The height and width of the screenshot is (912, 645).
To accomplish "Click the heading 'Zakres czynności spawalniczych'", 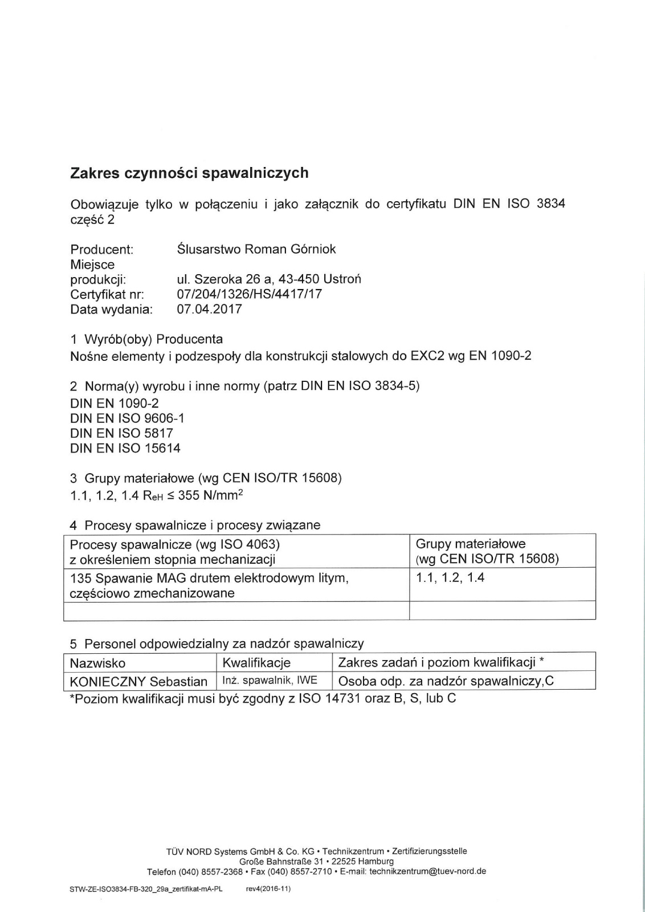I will click(x=189, y=173).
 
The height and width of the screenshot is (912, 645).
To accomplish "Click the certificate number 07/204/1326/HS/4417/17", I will click(x=250, y=294).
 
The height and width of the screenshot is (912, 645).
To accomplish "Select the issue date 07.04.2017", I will click(x=210, y=309).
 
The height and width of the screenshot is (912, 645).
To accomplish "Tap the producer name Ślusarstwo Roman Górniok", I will click(x=256, y=249).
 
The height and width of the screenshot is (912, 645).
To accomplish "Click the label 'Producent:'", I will click(x=101, y=249).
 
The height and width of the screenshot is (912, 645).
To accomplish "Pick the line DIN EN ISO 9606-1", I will click(x=127, y=418).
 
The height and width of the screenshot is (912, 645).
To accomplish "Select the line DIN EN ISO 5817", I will click(x=121, y=433).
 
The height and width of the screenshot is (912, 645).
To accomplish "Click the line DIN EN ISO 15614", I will click(x=125, y=448).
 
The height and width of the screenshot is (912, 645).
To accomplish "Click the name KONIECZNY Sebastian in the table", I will click(x=138, y=681).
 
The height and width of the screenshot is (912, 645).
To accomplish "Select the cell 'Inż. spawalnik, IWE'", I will click(x=270, y=680).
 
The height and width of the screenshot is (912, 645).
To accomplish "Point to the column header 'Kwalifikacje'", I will click(x=256, y=663).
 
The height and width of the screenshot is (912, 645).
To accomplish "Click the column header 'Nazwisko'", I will click(x=97, y=663).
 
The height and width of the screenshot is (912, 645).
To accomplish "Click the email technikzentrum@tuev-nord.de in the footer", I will click(x=427, y=872).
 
